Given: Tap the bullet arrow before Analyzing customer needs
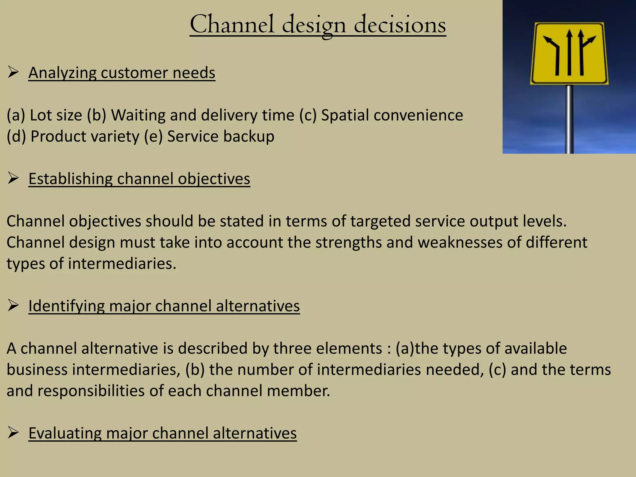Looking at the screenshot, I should (x=13, y=72).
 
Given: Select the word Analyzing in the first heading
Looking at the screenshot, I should (x=62, y=73).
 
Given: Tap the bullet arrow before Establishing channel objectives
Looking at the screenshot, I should (x=13, y=178).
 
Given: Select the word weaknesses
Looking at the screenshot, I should (x=460, y=242).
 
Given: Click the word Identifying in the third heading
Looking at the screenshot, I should (x=66, y=306).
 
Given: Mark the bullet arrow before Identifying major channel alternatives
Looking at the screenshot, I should (x=13, y=305).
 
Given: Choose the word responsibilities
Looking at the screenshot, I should (x=91, y=391).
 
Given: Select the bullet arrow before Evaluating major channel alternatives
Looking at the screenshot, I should (x=13, y=433).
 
